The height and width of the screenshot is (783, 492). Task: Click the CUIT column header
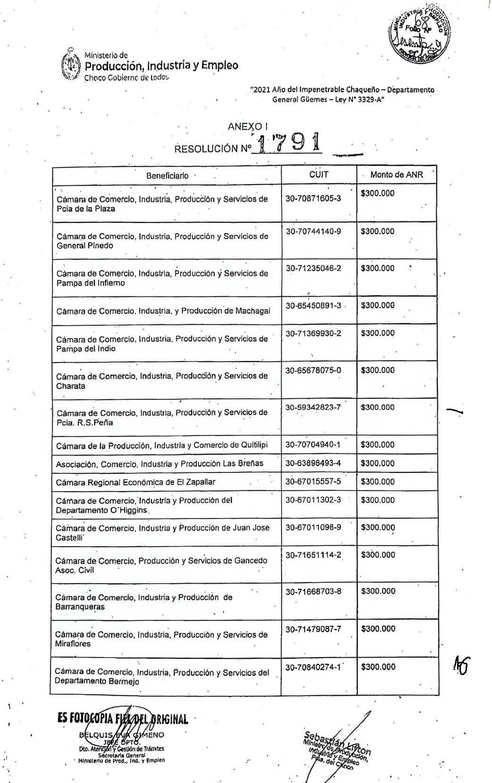pos(318,174)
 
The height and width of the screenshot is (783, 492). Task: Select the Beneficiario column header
pos(167,176)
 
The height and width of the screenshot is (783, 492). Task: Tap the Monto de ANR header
pos(396,175)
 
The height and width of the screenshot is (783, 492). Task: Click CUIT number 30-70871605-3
pos(313,198)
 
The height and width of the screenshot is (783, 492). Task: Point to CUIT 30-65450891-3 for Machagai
pos(313,305)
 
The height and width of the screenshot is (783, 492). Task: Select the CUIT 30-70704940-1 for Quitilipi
pos(312,445)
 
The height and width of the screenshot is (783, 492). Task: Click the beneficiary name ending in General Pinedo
pos(162,241)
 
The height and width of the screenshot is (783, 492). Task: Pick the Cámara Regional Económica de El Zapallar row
pos(135,482)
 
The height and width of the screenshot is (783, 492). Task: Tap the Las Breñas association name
pos(159,463)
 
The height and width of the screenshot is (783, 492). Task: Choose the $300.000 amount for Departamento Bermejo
pos(378,667)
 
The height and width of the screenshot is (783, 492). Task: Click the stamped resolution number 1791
pos(287,143)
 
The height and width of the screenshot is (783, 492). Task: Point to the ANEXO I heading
pos(247,126)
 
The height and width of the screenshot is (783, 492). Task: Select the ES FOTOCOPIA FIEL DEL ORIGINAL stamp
pos(122,719)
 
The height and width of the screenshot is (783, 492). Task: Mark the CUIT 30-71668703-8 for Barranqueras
pos(313,591)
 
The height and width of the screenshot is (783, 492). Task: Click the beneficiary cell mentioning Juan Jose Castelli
pos(162,533)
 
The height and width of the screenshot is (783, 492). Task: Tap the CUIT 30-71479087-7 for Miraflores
pos(313,629)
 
